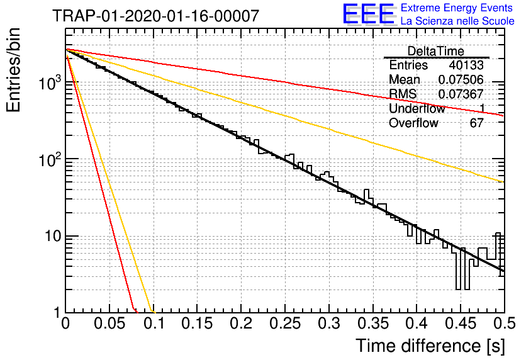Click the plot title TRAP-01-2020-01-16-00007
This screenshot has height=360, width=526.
[x=155, y=16]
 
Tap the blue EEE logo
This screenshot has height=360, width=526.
[x=369, y=14]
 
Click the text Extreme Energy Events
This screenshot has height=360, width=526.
[x=457, y=8]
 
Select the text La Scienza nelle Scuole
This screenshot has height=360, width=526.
[x=457, y=21]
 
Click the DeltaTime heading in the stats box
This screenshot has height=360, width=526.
[x=436, y=51]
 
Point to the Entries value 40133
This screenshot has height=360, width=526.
[x=466, y=65]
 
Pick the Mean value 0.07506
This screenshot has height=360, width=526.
[x=461, y=79]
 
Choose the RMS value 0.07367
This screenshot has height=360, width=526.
[x=461, y=94]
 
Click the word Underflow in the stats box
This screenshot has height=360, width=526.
[x=417, y=108]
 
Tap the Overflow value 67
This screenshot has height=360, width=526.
[x=477, y=123]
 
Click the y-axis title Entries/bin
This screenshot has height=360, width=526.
[x=13, y=70]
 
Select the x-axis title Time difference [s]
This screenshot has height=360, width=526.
[x=430, y=346]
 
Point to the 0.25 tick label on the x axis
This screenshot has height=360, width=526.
[x=285, y=323]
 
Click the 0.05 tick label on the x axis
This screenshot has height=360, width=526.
[x=109, y=323]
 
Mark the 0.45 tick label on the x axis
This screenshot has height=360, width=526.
[x=461, y=323]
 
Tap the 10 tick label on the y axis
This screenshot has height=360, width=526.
[x=53, y=236]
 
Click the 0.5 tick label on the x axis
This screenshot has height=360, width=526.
[x=505, y=323]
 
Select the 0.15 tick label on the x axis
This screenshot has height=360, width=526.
[x=198, y=323]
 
